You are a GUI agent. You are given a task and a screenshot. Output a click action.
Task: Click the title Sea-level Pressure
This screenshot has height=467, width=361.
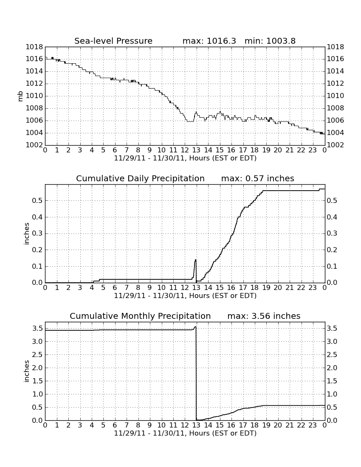coord(113,41)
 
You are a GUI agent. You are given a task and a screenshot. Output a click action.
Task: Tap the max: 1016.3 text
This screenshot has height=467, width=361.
coord(209,41)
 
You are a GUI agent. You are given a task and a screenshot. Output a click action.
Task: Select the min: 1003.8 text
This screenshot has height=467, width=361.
coord(270,41)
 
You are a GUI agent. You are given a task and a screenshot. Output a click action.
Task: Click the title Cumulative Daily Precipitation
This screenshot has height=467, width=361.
coord(140,178)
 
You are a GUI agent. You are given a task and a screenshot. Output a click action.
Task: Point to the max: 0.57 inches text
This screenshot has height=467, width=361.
coord(258,178)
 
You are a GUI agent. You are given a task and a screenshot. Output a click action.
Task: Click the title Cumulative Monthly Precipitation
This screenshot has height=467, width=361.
coord(140,316)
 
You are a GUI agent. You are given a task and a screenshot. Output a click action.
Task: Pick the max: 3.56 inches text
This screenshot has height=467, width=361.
coord(264,316)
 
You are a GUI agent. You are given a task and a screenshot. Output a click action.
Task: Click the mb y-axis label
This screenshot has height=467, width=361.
coord(20,96)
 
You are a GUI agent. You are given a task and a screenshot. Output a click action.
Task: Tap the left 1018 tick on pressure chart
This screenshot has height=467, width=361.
coord(34,47)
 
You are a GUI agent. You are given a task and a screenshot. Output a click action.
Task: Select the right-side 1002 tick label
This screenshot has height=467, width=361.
coord(336,145)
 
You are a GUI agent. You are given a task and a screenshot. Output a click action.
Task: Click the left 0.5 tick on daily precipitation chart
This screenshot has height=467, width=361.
coord(37,201)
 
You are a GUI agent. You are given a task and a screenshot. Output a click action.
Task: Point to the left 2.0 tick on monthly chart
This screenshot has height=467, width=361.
coord(37,368)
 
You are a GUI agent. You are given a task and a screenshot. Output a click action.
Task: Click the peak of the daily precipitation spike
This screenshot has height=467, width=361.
coord(195,260)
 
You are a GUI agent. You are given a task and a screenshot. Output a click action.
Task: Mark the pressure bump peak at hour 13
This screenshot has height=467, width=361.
coord(196,112)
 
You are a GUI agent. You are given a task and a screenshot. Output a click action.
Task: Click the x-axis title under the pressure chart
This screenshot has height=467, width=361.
coord(185,158)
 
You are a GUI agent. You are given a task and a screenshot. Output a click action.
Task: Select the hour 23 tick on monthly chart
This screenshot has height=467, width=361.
coord(313,425)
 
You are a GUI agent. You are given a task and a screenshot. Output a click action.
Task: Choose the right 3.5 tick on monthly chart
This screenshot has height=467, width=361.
coord(332,329)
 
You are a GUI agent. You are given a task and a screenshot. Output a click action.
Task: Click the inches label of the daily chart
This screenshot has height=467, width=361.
coord(27,234)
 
